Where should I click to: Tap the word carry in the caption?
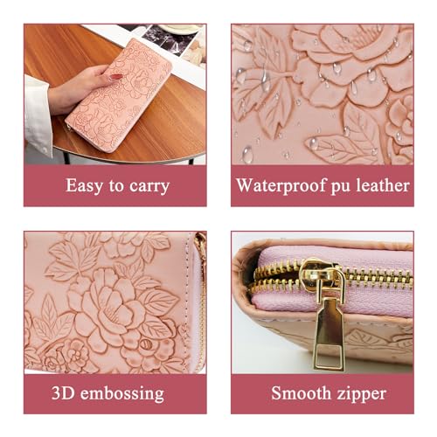(148, 186)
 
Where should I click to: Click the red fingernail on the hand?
(114, 77)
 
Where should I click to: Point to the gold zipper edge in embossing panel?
(201, 288)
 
